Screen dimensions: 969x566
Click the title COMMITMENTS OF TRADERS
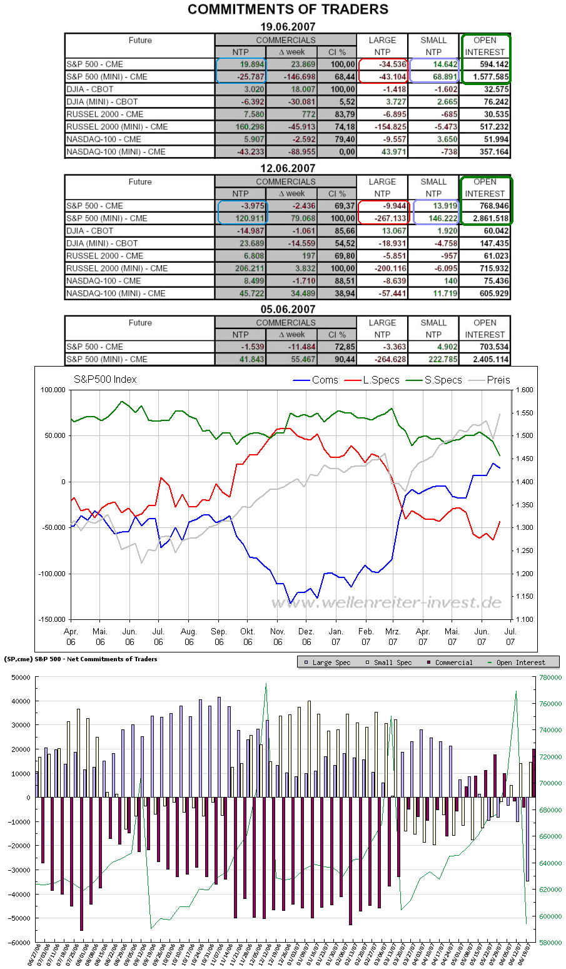point(288,9)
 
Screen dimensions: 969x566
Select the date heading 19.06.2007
point(288,27)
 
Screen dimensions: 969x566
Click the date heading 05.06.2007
point(288,309)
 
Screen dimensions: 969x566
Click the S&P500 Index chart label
point(105,380)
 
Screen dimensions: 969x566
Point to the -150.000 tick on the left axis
point(53,620)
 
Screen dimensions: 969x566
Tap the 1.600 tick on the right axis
point(525,390)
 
